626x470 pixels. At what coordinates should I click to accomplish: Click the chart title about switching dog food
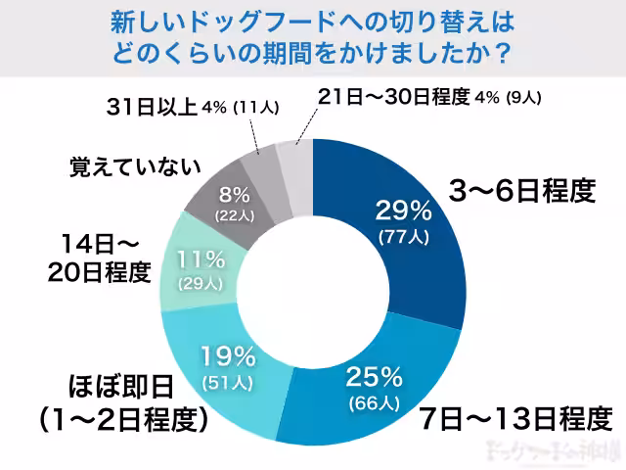point(313,37)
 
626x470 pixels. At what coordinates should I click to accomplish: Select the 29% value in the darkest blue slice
point(404,210)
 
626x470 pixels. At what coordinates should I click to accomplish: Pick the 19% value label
point(228,354)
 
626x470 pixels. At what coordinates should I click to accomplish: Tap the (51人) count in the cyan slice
point(228,380)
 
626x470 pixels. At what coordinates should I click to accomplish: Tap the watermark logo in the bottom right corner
point(553,451)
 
